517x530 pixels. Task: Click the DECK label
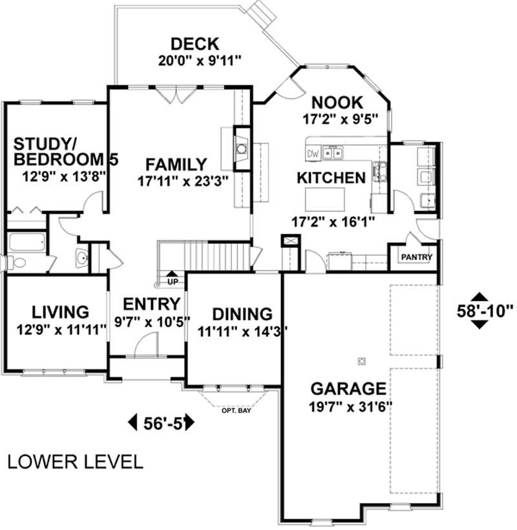click(195, 45)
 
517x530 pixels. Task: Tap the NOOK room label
click(337, 103)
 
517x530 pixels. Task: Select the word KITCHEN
click(331, 178)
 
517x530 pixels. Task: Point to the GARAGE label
click(349, 389)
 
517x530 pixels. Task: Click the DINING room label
click(242, 314)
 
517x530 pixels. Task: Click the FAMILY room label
click(175, 165)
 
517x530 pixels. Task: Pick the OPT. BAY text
click(236, 410)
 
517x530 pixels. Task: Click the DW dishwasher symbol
click(313, 154)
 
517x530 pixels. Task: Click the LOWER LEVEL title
click(75, 462)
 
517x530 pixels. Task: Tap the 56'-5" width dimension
click(162, 423)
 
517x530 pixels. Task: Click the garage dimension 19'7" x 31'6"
click(349, 407)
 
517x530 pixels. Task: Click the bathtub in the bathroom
click(26, 243)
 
